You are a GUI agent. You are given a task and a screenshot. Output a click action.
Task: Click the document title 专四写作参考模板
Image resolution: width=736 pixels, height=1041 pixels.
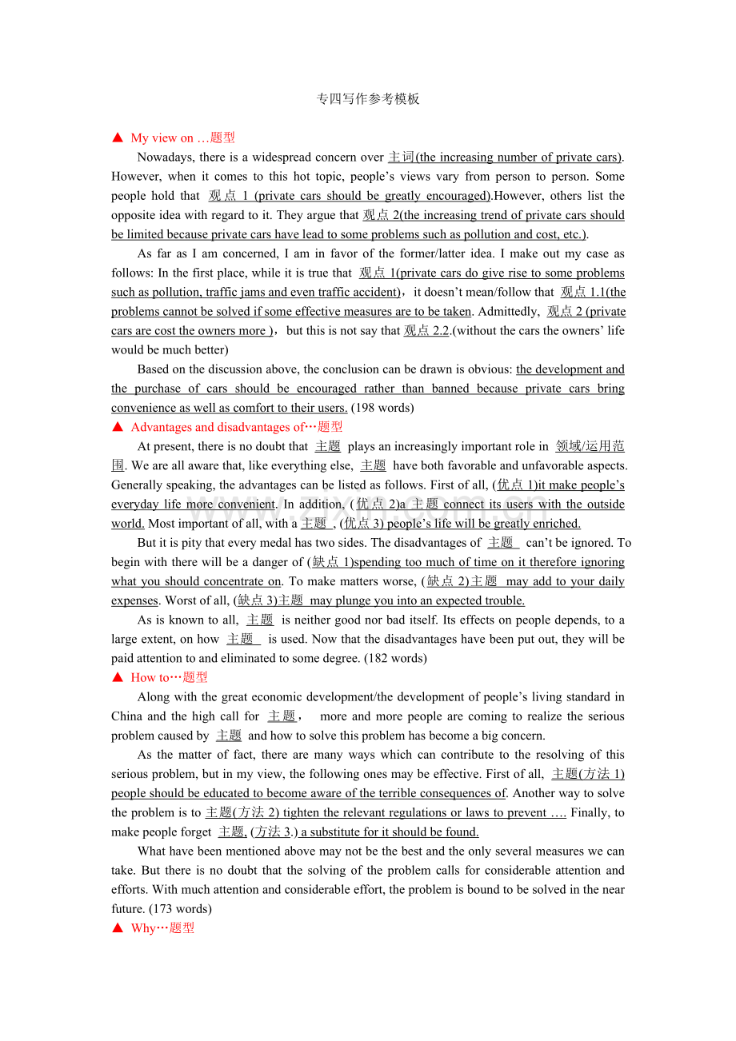368,99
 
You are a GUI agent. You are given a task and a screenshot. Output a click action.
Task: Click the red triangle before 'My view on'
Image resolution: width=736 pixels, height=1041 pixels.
118,138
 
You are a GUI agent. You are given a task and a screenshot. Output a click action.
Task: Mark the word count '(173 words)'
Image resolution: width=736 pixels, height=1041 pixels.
180,908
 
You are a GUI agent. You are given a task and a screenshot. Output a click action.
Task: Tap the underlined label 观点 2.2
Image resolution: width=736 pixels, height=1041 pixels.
427,331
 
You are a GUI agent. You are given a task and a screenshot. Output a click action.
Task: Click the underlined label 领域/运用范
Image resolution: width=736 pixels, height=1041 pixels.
590,447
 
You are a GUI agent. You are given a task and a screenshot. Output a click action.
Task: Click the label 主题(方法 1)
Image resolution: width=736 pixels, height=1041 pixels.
588,774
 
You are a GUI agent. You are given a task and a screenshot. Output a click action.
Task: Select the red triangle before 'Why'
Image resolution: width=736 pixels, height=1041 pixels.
118,928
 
